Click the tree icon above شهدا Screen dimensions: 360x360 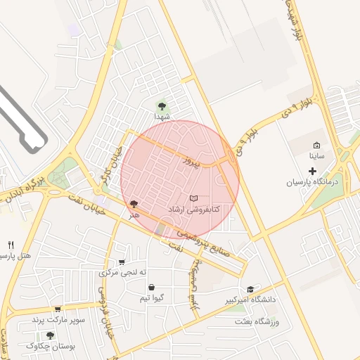coord(162,106)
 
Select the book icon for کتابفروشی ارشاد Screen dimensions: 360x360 coord(194,199)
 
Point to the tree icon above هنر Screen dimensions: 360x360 coord(134,204)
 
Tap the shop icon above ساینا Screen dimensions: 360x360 coord(316,145)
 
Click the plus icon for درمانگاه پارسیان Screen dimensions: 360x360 coord(313,171)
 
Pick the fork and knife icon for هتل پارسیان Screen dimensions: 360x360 coord(11,245)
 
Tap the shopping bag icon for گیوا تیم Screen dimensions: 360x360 coord(152,287)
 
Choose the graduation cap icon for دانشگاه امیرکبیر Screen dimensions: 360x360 coord(250,289)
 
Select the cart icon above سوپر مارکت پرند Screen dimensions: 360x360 coord(57,309)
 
